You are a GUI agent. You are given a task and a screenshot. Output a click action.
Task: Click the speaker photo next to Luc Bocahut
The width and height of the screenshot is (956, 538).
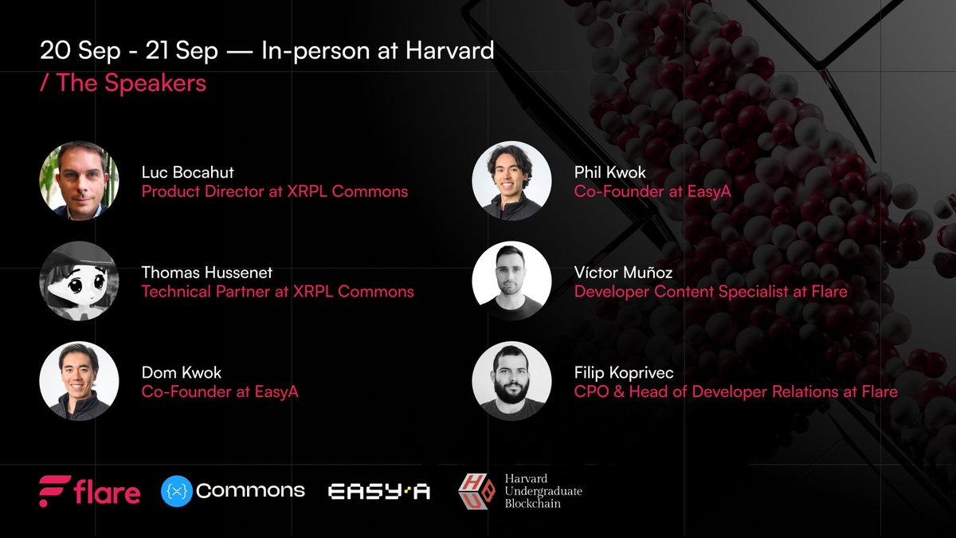[x=79, y=181]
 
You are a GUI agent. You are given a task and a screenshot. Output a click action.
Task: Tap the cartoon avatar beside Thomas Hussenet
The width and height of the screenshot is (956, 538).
[x=79, y=281]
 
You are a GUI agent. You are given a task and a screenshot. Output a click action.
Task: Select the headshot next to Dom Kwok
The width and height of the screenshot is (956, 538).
[x=79, y=381]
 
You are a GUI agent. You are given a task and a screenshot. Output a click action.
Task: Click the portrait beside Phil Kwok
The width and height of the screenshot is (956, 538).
[x=511, y=181]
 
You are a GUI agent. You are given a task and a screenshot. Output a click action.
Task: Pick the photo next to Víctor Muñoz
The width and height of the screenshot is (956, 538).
[x=511, y=281]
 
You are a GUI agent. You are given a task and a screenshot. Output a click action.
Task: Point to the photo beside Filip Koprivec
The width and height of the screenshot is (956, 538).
[x=511, y=381]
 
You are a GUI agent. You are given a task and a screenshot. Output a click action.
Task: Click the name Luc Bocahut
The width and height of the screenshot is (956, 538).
[x=187, y=172]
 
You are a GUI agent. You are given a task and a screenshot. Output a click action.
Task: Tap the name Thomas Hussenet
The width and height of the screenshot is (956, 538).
[x=207, y=273]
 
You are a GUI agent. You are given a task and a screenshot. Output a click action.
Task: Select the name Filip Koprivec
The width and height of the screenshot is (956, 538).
[x=624, y=373]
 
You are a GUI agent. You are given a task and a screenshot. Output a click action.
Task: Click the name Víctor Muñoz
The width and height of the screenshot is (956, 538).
[x=623, y=273]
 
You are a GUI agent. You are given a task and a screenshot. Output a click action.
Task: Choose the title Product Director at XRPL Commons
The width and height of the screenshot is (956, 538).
[x=275, y=192]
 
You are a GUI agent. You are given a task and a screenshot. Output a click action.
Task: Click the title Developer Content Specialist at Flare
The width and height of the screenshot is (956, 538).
[x=711, y=292]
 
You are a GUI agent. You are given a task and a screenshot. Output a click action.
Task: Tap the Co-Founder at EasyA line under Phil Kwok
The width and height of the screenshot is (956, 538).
[x=652, y=192]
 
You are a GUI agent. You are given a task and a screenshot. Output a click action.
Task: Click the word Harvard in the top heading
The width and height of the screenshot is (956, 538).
[x=450, y=50]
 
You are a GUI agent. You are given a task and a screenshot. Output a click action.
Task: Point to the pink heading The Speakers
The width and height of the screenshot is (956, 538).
[x=123, y=82]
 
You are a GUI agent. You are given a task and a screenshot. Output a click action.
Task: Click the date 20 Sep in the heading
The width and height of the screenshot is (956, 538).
[x=80, y=51]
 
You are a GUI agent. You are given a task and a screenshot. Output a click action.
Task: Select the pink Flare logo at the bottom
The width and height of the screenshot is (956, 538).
[x=89, y=491]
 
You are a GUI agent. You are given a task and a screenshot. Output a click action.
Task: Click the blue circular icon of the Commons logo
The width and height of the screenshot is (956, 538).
[x=177, y=491]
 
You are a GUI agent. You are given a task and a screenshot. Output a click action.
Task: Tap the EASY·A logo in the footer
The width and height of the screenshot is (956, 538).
[x=379, y=492]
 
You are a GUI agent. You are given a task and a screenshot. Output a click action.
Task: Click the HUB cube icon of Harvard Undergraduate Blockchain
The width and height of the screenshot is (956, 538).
[x=476, y=491]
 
